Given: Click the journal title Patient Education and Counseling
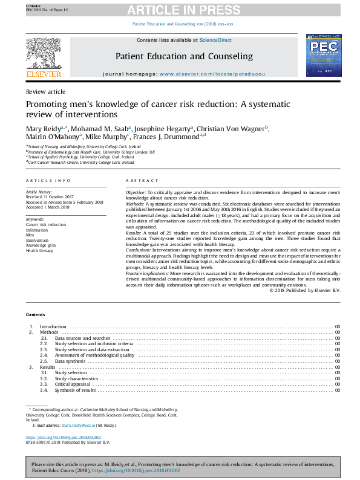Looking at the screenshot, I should coord(184,56).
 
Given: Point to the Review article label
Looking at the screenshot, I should coord(45,92).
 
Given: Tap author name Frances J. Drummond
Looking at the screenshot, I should coord(172,137).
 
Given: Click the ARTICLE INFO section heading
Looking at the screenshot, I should coord(48,181).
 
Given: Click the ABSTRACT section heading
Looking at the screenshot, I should coord(142,181).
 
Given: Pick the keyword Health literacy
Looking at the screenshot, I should coord(40,250).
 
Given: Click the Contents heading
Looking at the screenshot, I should coord(35,315).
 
